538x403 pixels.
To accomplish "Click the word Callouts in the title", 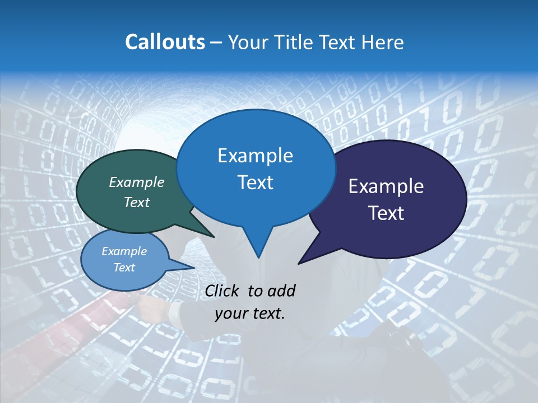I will (x=165, y=42).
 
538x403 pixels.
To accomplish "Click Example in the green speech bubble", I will (x=137, y=182).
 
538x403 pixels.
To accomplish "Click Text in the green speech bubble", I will (x=137, y=202).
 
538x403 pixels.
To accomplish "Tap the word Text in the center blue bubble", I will (x=255, y=182).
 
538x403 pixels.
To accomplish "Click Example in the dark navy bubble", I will (x=386, y=186).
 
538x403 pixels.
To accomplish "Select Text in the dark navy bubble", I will (x=386, y=213).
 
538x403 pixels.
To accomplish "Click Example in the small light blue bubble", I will (x=124, y=251).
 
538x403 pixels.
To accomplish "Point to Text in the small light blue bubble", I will (x=124, y=268).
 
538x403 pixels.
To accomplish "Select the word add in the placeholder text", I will (x=281, y=290).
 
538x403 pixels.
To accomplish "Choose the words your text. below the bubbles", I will (x=250, y=313).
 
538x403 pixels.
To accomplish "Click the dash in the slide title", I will (x=217, y=42).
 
